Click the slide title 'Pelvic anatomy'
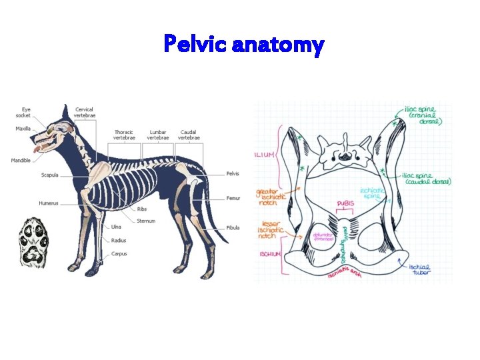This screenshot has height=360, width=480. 244,45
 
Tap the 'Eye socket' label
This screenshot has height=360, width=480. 26,112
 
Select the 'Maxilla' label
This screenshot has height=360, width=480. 23,128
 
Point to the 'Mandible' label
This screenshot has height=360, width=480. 21,160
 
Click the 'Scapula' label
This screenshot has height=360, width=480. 50,175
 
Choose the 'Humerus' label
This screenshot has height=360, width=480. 49,203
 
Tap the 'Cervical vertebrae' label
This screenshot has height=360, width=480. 85,112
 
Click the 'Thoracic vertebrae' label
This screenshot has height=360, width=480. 124,135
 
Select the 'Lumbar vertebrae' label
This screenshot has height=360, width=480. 158,135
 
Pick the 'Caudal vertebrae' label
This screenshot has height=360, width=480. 187,135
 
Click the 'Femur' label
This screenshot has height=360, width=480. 233,198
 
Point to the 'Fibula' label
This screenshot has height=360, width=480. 233,227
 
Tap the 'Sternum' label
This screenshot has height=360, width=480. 146,221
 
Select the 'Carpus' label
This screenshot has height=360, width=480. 119,253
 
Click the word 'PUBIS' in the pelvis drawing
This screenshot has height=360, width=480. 346,203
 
